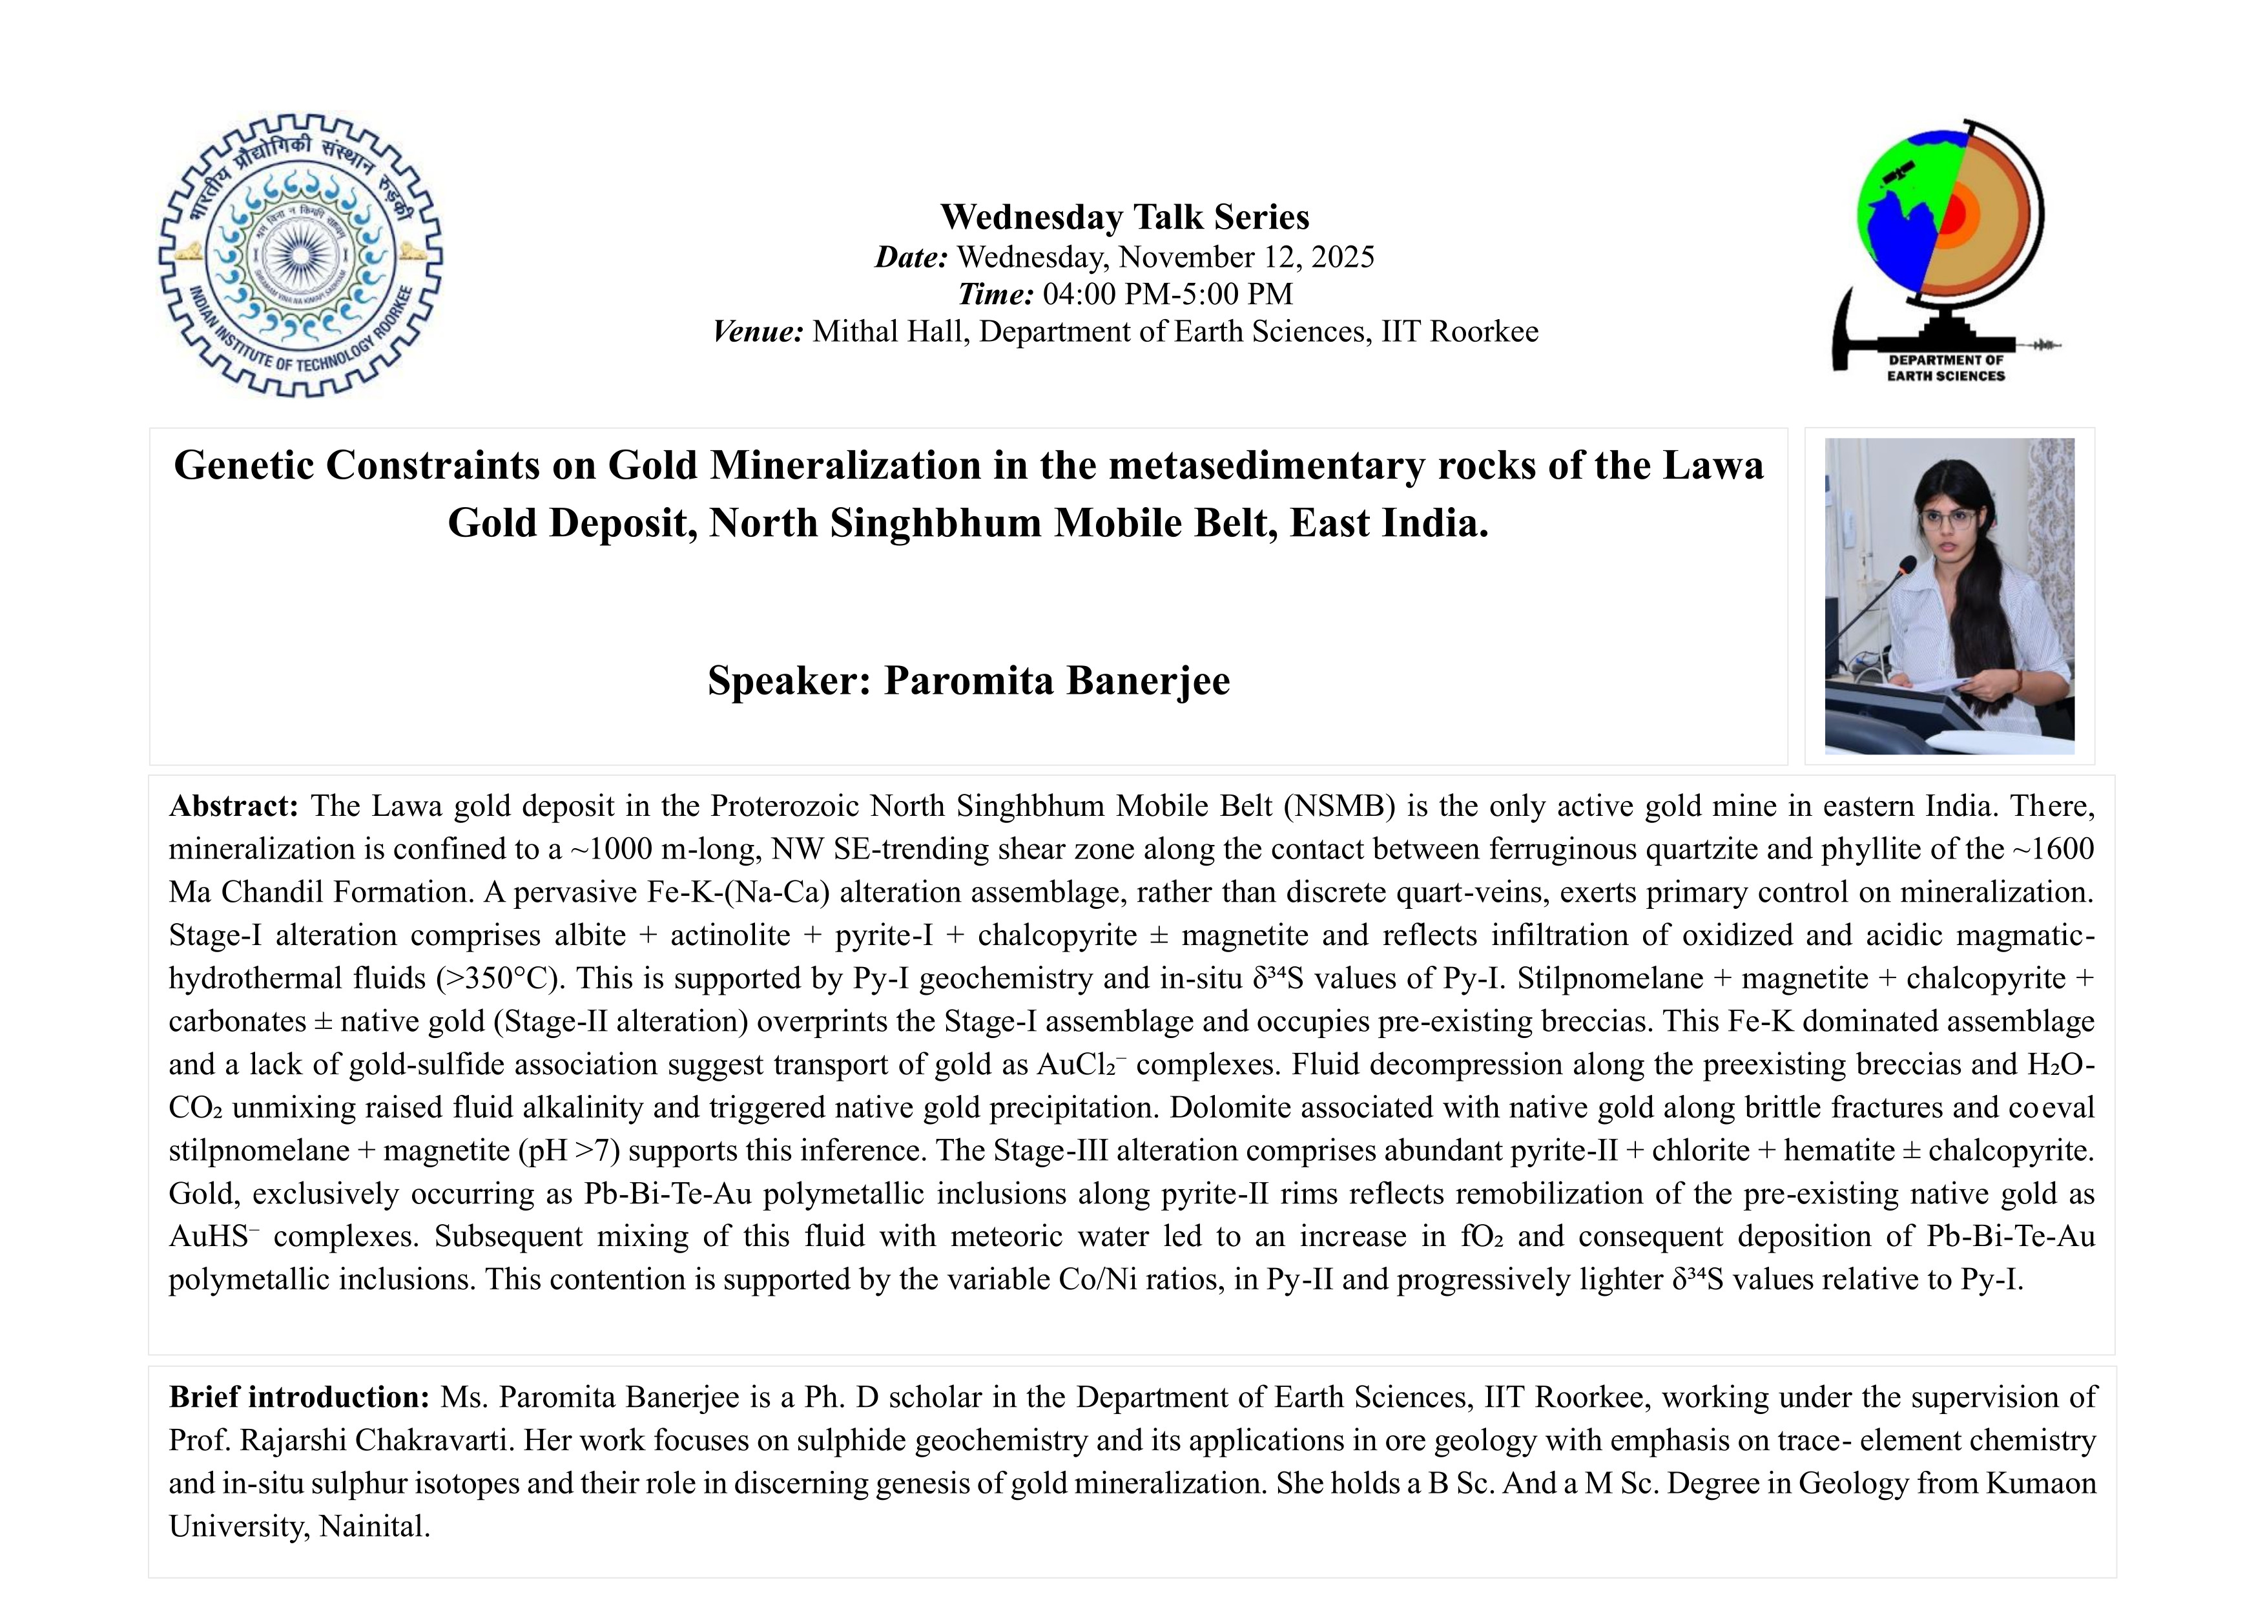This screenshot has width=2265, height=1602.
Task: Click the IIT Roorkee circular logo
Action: point(301,256)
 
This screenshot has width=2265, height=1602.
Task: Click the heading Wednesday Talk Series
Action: point(1124,217)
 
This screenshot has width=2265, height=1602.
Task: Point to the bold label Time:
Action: point(995,294)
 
